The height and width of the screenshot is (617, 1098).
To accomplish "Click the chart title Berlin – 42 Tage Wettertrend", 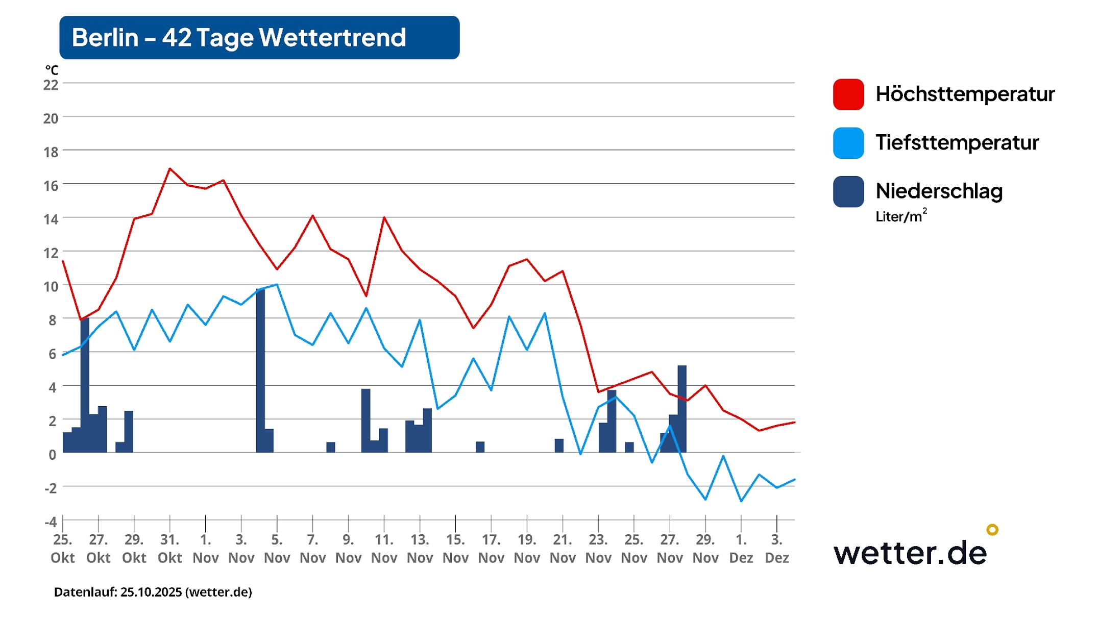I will click(x=239, y=38).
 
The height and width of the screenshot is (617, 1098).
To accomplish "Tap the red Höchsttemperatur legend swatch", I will click(x=848, y=94).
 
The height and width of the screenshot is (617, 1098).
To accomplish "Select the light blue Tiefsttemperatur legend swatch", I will click(x=848, y=143).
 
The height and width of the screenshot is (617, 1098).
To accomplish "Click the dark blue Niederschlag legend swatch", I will click(x=848, y=191).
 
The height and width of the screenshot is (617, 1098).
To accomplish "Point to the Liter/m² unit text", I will click(x=900, y=216).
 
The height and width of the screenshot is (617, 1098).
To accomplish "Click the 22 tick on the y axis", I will click(x=51, y=85).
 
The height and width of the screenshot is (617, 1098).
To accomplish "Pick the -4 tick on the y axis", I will click(x=51, y=522).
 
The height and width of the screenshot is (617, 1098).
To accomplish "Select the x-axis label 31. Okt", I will click(x=169, y=549).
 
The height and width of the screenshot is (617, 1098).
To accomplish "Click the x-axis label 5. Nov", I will click(x=277, y=549).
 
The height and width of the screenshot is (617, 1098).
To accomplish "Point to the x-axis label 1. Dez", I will click(x=741, y=549).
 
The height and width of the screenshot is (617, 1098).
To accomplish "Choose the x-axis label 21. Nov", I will click(x=563, y=549).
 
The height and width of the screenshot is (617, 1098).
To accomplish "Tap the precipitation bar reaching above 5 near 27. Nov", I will click(x=681, y=408).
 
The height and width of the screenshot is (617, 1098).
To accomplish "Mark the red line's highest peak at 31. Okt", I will click(x=170, y=168).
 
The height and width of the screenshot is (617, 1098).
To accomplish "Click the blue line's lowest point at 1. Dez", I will click(x=741, y=501).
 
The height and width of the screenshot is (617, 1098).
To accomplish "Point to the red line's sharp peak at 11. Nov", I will click(x=384, y=218).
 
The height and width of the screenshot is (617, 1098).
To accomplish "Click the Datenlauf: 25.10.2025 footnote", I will click(x=153, y=592).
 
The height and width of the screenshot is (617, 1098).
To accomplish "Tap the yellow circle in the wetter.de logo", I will click(x=992, y=530).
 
